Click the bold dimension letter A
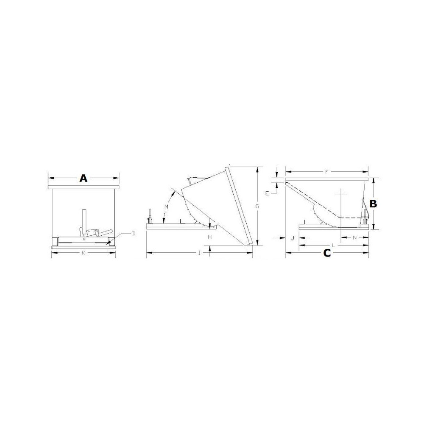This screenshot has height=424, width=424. point(84,179)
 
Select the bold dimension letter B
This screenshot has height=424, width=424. point(373,204)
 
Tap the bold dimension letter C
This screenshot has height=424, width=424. point(327,253)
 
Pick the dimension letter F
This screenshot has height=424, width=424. point(326,172)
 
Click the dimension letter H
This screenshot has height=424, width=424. point(209,237)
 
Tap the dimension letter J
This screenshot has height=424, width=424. point(292,238)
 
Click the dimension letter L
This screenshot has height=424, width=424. point(334,245)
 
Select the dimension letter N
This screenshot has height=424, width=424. point(354,238)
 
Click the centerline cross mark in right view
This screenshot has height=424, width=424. point(341,194)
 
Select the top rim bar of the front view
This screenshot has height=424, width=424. point(84,187)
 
